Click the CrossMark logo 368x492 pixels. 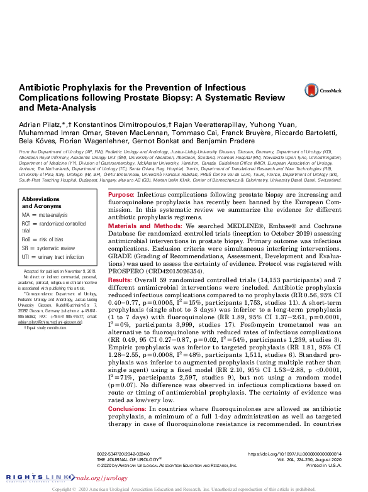click(322, 90)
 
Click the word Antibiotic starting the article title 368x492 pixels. click(42, 89)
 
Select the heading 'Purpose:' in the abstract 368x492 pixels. click(121, 179)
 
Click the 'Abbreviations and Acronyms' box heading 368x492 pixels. click(45, 184)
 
